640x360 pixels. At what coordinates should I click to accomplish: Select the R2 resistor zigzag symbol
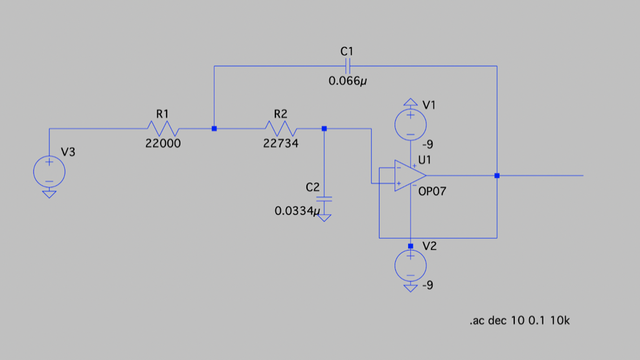(x=280, y=129)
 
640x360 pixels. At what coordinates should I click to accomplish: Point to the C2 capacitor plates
(x=325, y=199)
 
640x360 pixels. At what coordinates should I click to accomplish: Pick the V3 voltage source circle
(x=49, y=171)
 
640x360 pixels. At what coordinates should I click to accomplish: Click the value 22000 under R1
(x=163, y=144)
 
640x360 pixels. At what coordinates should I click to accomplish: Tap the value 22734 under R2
(x=280, y=144)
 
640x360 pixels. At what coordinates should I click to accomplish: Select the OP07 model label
(x=432, y=192)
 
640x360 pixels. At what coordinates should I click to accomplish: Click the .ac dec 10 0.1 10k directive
(x=519, y=321)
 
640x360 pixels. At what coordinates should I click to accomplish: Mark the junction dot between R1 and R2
(x=214, y=129)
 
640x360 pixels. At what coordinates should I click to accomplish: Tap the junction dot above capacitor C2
(x=325, y=129)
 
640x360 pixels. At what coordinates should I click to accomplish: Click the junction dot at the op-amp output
(x=497, y=175)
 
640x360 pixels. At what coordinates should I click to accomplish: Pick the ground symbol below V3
(x=49, y=193)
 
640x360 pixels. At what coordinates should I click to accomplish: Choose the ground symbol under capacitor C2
(x=325, y=218)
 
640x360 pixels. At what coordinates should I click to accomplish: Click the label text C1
(x=347, y=51)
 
